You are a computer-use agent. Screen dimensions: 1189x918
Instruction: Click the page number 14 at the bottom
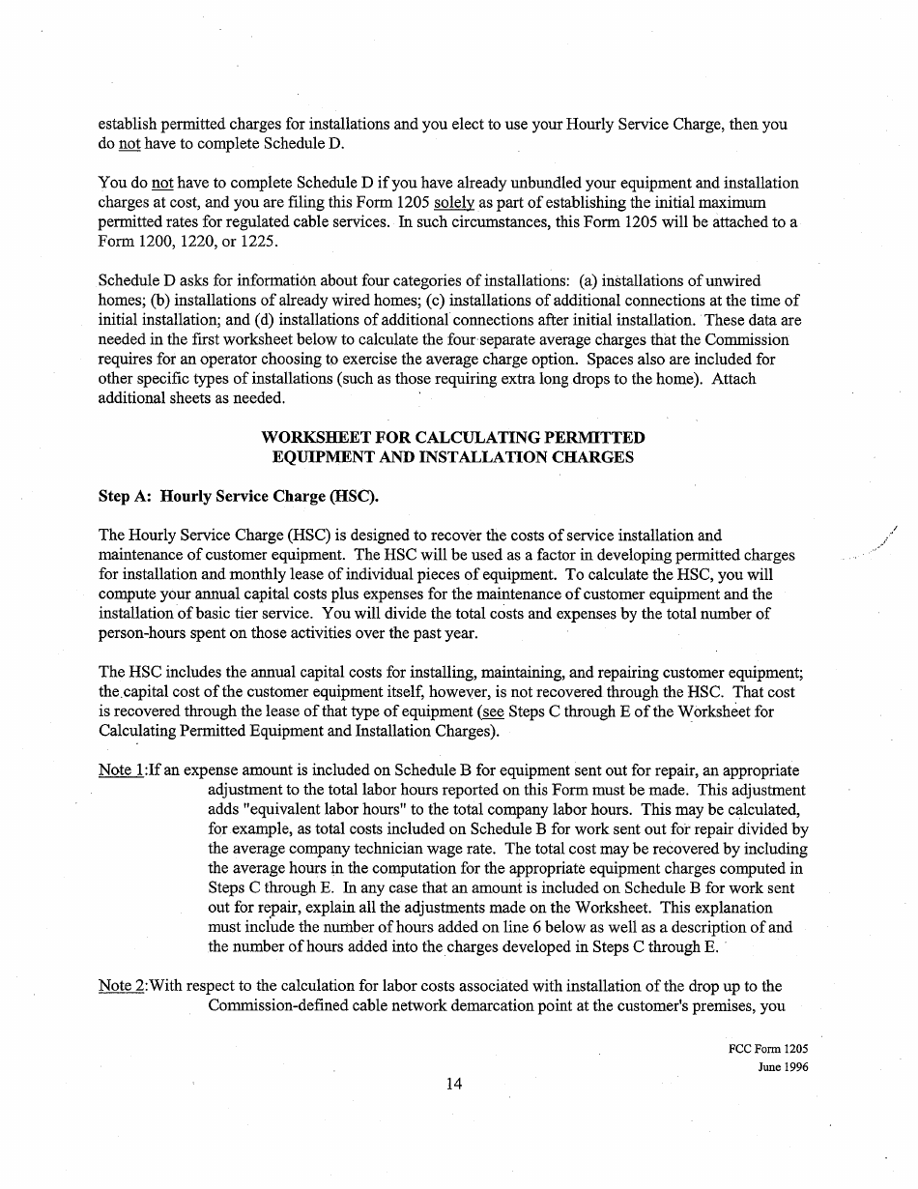454,1084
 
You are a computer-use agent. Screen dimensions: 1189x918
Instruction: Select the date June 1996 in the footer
783,1067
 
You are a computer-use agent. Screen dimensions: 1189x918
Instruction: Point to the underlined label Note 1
122,770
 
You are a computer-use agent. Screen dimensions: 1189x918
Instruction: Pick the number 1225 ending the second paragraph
258,241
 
